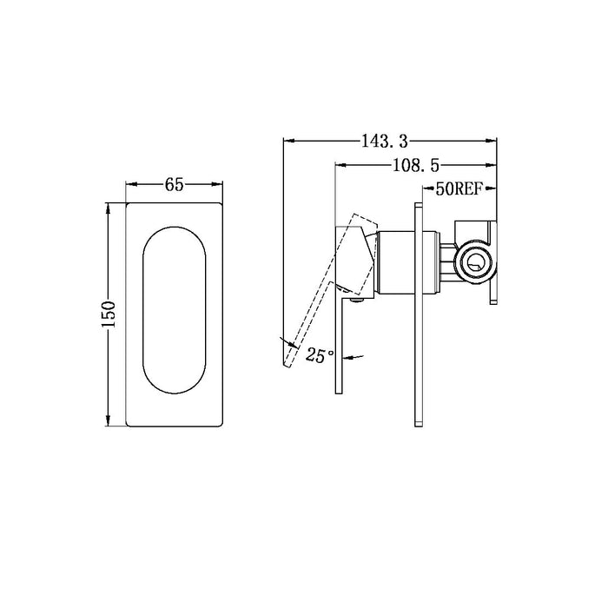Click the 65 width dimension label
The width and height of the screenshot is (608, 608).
tap(174, 185)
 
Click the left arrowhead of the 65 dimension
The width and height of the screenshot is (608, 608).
tap(131, 184)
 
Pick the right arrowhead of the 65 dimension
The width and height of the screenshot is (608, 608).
tap(220, 184)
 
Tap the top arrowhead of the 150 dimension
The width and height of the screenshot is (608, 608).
tap(109, 207)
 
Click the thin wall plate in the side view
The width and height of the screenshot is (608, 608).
tap(419, 313)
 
